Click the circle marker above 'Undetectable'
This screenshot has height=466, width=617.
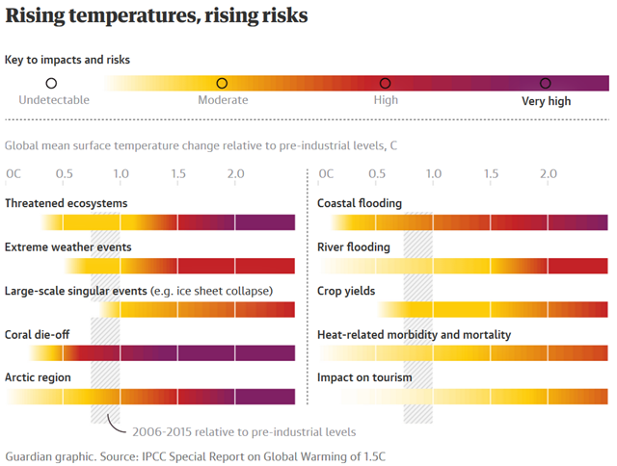click(52, 84)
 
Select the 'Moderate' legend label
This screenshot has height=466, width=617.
click(223, 100)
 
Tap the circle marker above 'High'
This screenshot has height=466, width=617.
click(386, 84)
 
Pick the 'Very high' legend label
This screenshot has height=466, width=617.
click(547, 100)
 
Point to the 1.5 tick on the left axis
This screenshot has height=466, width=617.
click(178, 173)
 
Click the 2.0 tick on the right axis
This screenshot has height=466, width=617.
click(549, 173)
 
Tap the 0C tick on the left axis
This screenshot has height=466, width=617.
click(13, 173)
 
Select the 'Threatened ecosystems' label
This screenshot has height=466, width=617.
click(66, 203)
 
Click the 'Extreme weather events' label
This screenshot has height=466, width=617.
click(67, 247)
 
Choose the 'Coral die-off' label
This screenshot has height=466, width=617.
click(38, 334)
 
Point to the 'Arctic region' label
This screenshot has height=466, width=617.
click(38, 377)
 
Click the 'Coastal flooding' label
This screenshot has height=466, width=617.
click(360, 203)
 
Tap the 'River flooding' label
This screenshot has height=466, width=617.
click(354, 247)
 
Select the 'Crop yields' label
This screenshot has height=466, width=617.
click(346, 291)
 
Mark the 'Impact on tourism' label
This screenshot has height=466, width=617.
click(364, 377)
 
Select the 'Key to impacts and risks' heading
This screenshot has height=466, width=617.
click(67, 60)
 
